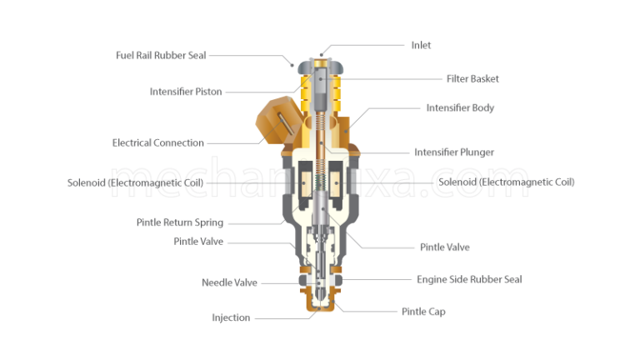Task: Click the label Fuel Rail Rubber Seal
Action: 160,55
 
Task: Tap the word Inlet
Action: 422,45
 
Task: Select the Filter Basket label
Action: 472,79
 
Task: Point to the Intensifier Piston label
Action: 186,92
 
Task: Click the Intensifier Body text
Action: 460,107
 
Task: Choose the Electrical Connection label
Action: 157,142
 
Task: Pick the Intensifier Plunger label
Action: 454,152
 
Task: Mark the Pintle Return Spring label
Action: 179,222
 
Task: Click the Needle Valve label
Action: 229,282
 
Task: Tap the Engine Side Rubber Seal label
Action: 469,279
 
